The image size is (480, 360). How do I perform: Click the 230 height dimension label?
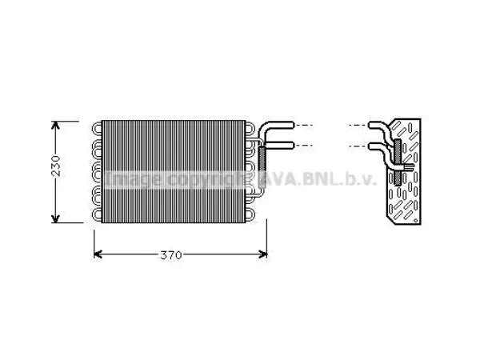click(56, 166)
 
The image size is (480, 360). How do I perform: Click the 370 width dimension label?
click(171, 255)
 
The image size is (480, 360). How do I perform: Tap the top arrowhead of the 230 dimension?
click(55, 125)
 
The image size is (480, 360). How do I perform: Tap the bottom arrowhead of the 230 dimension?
click(55, 218)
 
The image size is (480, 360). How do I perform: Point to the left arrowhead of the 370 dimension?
click(98, 254)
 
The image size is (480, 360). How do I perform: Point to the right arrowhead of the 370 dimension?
click(263, 254)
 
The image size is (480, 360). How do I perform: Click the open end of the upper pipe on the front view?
click(293, 125)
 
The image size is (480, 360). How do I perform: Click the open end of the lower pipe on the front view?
click(293, 145)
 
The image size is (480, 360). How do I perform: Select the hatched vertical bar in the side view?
click(398, 162)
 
